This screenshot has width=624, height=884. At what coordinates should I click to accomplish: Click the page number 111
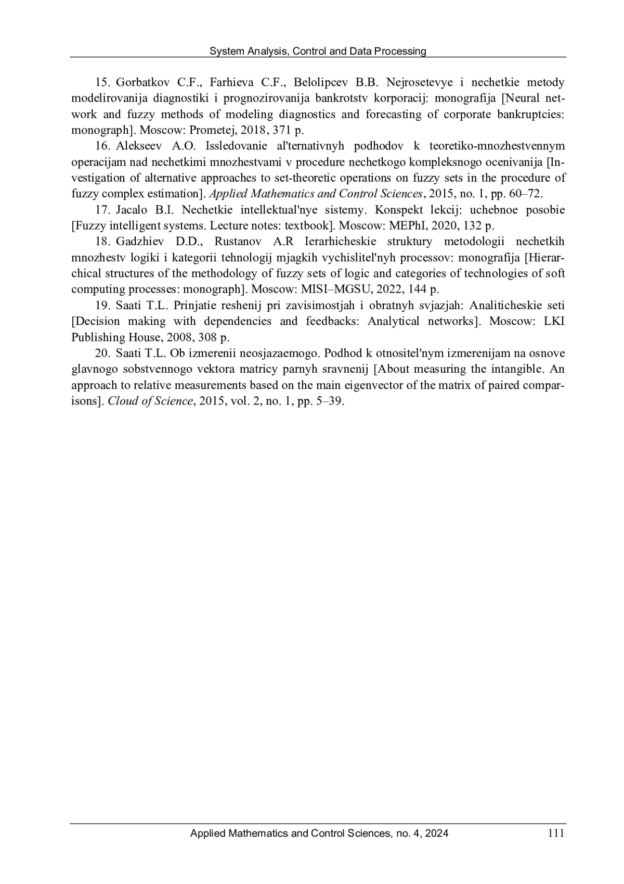click(x=555, y=833)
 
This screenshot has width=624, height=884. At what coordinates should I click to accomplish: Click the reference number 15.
click(x=101, y=82)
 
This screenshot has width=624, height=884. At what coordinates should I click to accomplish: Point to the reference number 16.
click(x=101, y=146)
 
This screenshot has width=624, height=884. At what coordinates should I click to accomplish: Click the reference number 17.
click(x=101, y=210)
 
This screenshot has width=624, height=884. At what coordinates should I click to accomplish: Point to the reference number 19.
click(x=101, y=305)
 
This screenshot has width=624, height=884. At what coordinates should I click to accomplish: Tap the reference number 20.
click(x=101, y=353)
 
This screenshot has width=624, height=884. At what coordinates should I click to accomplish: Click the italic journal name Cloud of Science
click(x=150, y=401)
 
